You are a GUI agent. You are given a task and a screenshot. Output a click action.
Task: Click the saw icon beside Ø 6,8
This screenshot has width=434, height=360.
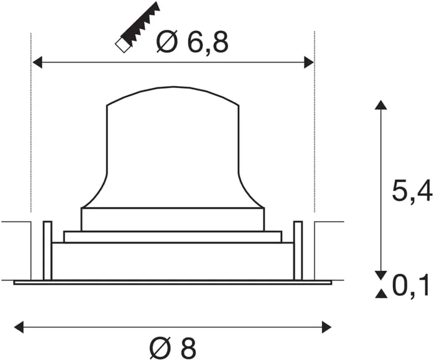(138, 27)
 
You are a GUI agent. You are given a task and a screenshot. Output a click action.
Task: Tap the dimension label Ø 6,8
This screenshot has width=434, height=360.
(192, 42)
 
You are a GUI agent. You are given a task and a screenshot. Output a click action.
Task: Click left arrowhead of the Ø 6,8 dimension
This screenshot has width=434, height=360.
(38, 62)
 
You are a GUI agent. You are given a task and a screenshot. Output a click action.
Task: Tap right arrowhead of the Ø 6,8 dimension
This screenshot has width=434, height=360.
(309, 62)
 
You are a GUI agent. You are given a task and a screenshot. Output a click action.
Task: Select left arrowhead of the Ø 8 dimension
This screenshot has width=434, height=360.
(19, 327)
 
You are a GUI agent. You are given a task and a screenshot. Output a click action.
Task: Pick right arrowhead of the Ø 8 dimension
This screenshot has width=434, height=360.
(326, 327)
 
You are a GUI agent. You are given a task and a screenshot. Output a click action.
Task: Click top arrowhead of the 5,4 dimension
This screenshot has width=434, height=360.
(381, 105)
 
